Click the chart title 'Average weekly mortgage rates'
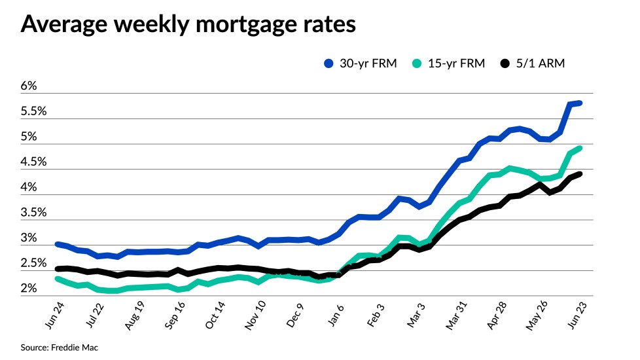click(x=188, y=24)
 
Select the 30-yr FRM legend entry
click(x=361, y=63)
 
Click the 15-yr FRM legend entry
click(x=449, y=63)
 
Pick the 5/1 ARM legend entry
click(x=532, y=63)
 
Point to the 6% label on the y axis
click(x=29, y=86)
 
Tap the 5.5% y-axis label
click(x=33, y=111)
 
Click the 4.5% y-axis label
click(x=33, y=162)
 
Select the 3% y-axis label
click(x=29, y=238)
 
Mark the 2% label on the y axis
click(x=29, y=289)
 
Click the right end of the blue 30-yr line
click(x=580, y=103)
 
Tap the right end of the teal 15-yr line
click(x=580, y=148)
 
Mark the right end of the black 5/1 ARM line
click(x=580, y=173)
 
